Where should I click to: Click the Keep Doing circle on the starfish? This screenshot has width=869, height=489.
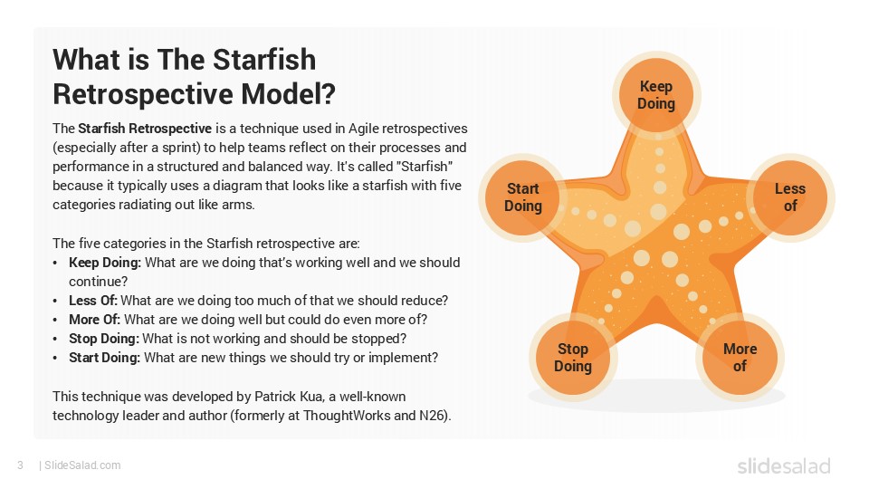tap(656, 95)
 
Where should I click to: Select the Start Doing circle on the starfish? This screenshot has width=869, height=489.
tap(522, 197)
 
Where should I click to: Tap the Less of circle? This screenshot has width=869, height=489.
tap(789, 197)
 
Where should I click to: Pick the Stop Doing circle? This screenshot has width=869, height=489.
tap(572, 358)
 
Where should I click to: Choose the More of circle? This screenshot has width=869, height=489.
tap(740, 358)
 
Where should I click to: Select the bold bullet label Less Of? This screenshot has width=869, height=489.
tap(92, 300)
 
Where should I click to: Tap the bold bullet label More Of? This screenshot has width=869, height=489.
tap(94, 319)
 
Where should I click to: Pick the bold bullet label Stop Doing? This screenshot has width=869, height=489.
tap(103, 338)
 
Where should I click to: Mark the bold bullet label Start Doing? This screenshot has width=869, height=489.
tap(104, 358)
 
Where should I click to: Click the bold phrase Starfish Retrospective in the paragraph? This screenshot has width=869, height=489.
tap(145, 128)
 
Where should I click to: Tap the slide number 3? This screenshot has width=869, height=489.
tap(19, 465)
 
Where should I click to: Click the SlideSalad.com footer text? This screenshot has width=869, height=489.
tap(82, 465)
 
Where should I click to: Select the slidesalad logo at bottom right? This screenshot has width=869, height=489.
tap(782, 465)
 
